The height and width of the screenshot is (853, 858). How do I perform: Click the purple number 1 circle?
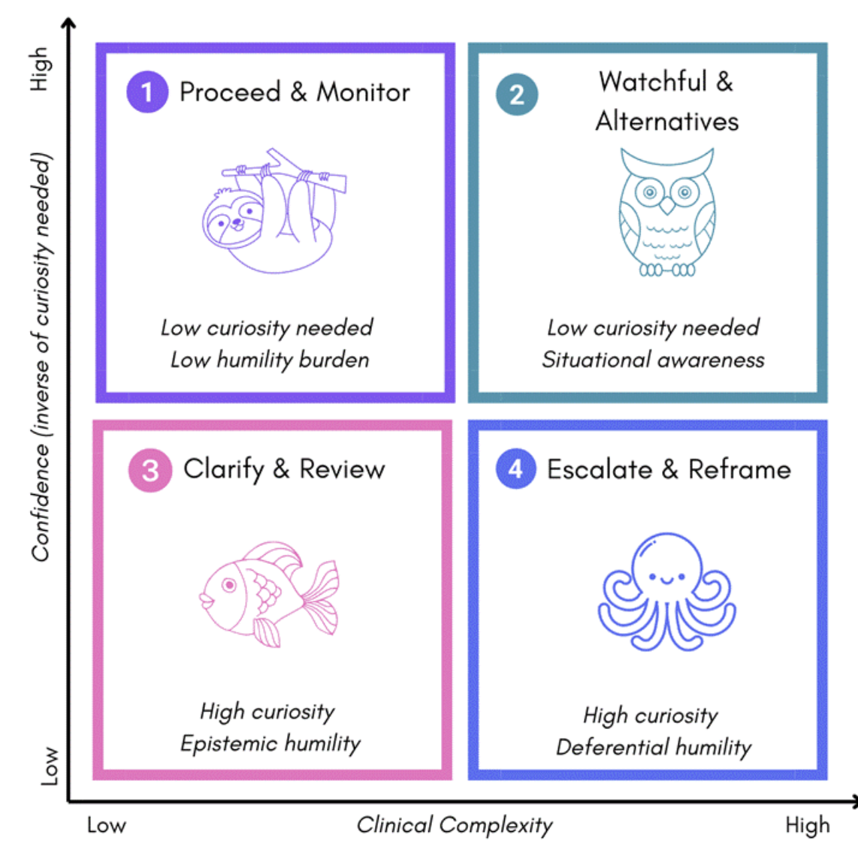[x=147, y=92]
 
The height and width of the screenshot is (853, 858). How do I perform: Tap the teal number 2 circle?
[x=517, y=95]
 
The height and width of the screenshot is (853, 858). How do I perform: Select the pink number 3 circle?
[x=150, y=470]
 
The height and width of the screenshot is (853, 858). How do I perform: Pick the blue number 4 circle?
[x=515, y=469]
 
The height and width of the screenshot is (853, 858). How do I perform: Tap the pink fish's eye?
[x=229, y=584]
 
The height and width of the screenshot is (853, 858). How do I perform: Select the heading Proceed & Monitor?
[x=295, y=92]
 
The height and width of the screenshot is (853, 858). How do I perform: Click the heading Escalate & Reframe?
[x=669, y=469]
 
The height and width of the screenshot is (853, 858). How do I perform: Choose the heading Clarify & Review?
[x=284, y=469]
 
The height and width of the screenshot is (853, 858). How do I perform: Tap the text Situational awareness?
[x=653, y=360]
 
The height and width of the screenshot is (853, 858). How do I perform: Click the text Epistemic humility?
[x=270, y=743]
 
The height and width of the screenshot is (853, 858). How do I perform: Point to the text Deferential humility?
[x=654, y=747]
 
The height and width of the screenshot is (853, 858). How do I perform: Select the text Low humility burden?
[x=270, y=360]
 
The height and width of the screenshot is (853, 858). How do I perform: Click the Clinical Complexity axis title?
[x=455, y=824]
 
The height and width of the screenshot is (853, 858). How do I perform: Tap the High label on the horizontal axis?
[x=807, y=825]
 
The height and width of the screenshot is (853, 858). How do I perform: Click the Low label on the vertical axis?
[x=48, y=765]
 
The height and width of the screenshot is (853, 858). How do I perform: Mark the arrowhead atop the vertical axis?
[x=68, y=24]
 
